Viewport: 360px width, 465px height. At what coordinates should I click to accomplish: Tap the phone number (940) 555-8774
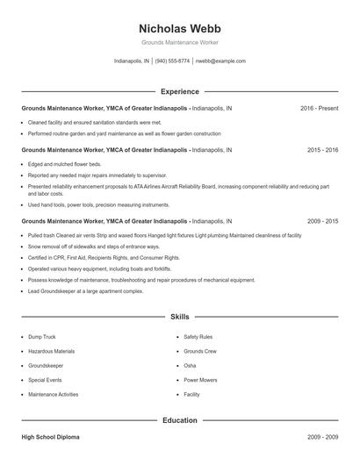[172, 61]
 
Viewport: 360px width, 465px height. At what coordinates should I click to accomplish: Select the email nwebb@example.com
[220, 61]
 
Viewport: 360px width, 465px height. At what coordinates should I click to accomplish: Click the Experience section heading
[179, 91]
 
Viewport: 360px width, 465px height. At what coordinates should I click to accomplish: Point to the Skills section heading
[179, 316]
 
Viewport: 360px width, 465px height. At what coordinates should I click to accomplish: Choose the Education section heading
[179, 420]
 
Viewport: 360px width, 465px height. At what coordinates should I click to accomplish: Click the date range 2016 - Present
[319, 108]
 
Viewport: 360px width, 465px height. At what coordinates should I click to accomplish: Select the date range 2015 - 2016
[322, 150]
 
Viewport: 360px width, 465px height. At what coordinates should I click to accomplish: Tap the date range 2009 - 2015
[322, 222]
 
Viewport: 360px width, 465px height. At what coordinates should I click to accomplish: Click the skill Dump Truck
[42, 336]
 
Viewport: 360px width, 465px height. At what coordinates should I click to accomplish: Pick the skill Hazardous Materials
[51, 350]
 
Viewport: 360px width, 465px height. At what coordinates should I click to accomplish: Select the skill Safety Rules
[198, 336]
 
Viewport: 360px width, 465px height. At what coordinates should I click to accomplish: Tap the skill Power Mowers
[200, 380]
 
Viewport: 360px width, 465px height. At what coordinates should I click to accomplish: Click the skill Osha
[190, 365]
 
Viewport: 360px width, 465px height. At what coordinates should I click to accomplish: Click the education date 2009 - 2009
[322, 436]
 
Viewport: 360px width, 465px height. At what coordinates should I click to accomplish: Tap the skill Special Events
[45, 380]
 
